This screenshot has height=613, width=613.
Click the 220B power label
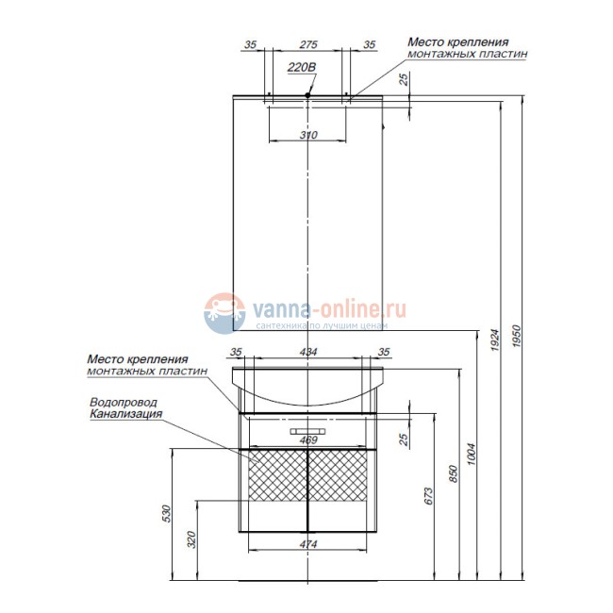coord(302,68)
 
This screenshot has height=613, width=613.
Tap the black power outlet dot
coord(307,95)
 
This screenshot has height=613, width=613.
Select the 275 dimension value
coord(308,44)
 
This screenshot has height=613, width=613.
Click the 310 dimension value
coord(308,135)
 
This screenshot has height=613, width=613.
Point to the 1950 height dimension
coord(517,337)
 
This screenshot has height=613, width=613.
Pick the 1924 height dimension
coord(495,340)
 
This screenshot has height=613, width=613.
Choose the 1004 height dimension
coord(472,454)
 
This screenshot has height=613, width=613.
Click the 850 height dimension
coord(453,473)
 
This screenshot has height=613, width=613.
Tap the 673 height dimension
coord(428,496)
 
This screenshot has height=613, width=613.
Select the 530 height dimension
coord(167,514)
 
